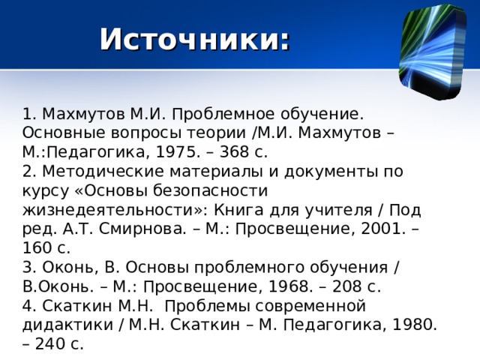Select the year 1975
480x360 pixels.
[183, 153]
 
